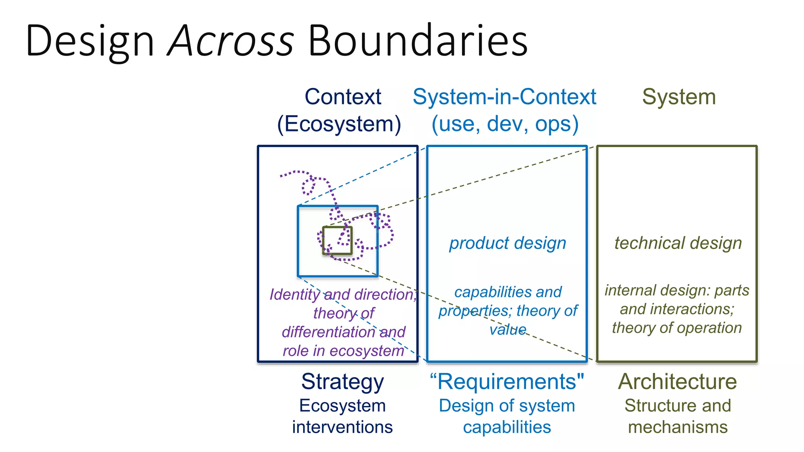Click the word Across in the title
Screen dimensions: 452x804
pos(231,41)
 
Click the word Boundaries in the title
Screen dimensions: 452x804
pos(418,41)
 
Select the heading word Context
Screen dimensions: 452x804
pos(343,97)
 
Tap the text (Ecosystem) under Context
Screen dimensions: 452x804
pos(339,124)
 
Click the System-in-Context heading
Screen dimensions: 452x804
pos(504,97)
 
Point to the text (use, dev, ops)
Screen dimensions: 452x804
pos(505,124)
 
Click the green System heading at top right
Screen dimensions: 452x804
pos(679,97)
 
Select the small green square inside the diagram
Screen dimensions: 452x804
pos(337,241)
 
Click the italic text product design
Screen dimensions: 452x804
pos(508,243)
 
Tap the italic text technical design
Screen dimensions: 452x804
pos(678,243)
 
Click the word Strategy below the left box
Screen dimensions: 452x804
pos(342,382)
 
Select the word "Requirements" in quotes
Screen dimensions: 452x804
pos(507,382)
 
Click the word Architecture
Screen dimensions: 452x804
pos(678,382)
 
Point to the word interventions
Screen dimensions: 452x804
pos(342,427)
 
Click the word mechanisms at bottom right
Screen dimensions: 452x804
pos(678,427)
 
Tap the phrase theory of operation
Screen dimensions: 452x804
pos(677,328)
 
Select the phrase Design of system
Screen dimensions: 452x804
pos(507,406)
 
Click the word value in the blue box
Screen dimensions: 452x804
pos(508,330)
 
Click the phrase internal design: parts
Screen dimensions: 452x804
pos(677,290)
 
